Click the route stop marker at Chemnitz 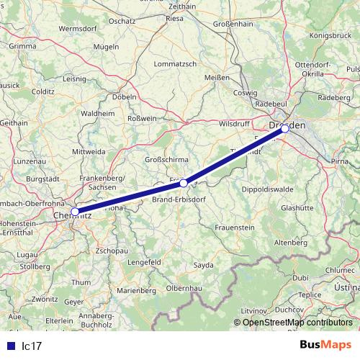click(x=75, y=212)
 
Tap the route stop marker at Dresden click(x=285, y=129)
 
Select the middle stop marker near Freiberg click(x=184, y=183)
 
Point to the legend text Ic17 click(x=32, y=346)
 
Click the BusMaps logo click(x=325, y=345)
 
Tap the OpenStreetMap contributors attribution click(x=297, y=322)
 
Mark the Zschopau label click(x=112, y=250)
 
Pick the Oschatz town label click(x=122, y=22)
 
